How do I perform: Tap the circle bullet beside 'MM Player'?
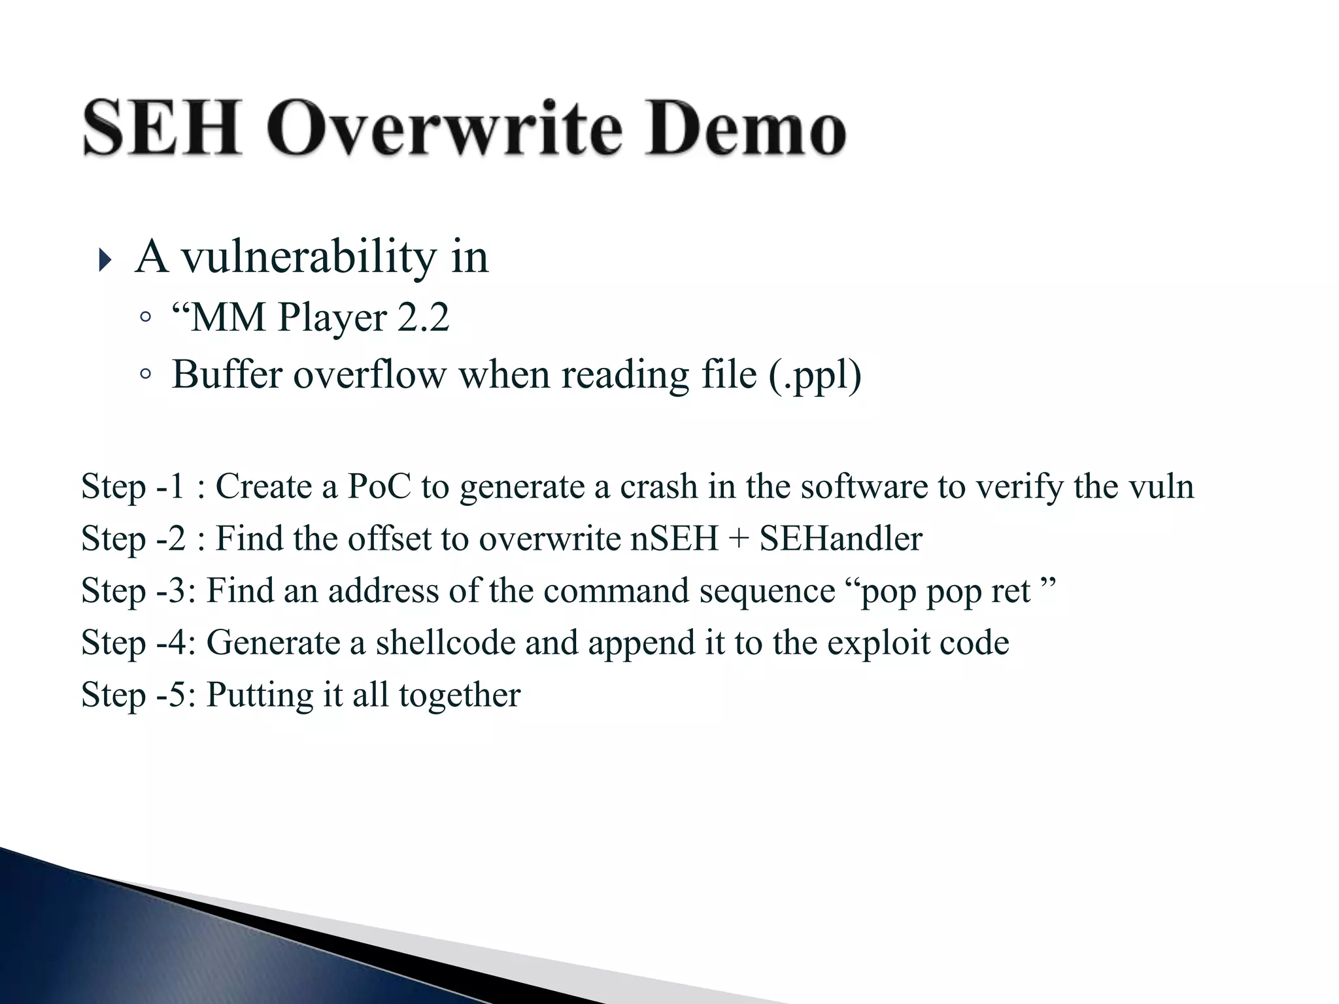point(145,318)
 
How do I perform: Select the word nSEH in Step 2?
point(674,539)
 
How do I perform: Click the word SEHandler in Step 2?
point(841,539)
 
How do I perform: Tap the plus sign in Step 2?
point(739,540)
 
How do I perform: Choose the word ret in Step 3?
point(1011,591)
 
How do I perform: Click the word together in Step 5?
point(460,695)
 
